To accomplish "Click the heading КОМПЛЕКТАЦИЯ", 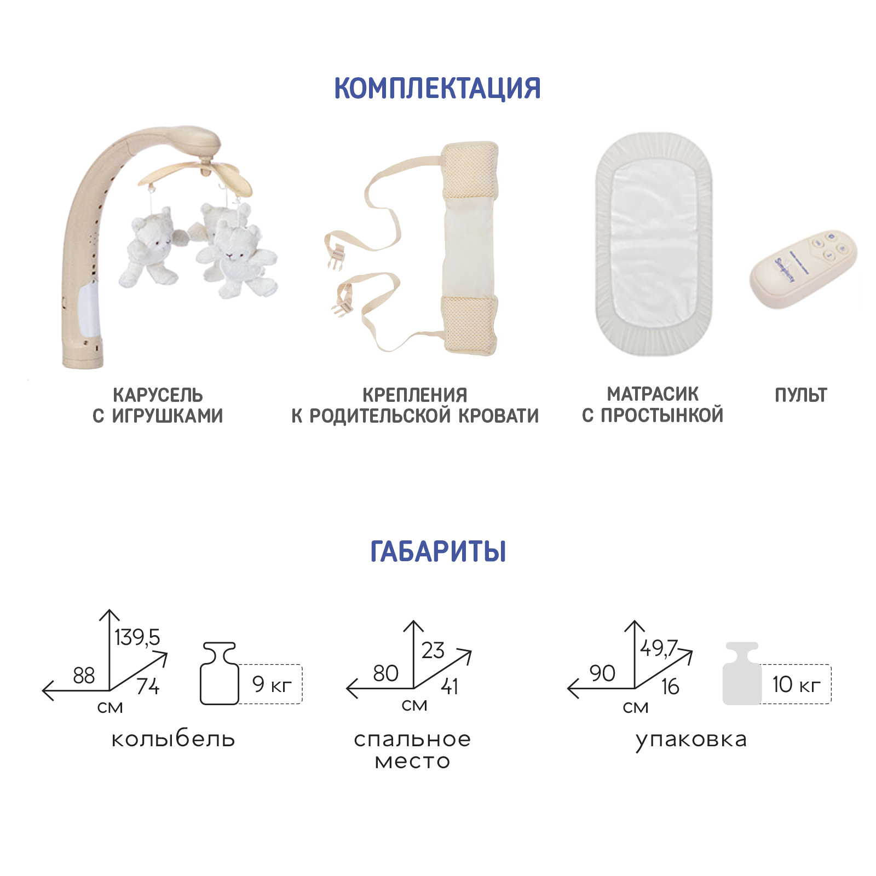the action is [437, 88].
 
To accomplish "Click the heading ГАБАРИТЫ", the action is [438, 551].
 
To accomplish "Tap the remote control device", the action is [802, 269].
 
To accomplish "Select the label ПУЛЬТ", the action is [800, 395].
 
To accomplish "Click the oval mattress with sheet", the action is [654, 244].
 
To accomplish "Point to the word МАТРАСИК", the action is [653, 394].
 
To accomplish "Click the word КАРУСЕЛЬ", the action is [158, 395].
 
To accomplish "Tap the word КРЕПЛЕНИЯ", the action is [415, 395].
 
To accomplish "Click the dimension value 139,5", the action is [137, 637].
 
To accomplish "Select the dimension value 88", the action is [84, 676].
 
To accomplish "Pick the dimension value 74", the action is [148, 686].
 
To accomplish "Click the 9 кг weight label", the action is [272, 684].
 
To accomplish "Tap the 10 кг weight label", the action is [797, 684].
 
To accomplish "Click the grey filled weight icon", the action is [742, 673].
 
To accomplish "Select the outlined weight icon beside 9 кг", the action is [220, 673].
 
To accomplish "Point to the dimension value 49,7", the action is [659, 648].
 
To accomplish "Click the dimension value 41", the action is [449, 686].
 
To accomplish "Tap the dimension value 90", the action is [602, 673].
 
